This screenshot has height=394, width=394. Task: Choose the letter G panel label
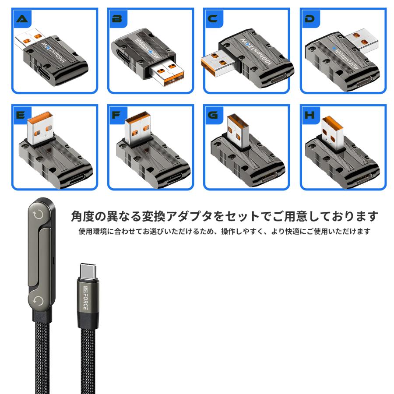coord(213,115)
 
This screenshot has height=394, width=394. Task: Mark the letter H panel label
coord(310,115)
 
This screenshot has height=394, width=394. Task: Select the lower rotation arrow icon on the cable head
coord(38,300)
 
